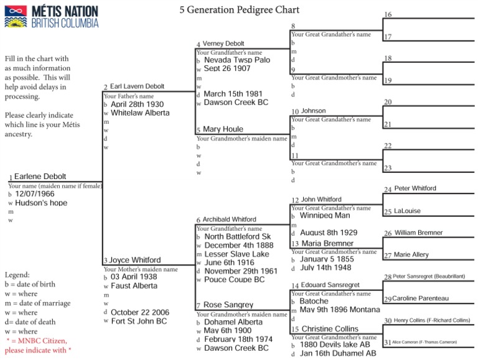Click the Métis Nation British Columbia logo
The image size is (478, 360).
[51, 17]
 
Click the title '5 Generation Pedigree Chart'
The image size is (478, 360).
[240, 10]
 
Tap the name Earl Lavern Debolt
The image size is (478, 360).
[138, 87]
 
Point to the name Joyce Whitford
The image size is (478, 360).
[136, 261]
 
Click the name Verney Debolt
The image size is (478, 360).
[223, 44]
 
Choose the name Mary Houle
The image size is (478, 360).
[223, 129]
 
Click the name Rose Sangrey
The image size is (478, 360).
[228, 305]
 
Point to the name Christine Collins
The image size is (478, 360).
[330, 329]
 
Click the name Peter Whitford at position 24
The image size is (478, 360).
[415, 188]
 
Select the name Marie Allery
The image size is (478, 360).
[411, 255]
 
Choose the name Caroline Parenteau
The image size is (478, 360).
[420, 298]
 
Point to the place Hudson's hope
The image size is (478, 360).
[41, 203]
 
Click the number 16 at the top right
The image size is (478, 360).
[388, 14]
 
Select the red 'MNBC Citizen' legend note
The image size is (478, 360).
[39, 346]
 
